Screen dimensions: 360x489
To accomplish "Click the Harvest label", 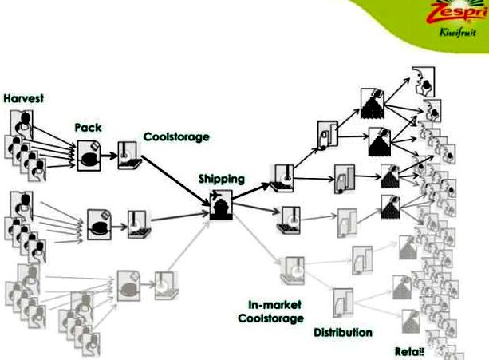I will click(23, 98).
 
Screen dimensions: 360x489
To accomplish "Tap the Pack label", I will click(88, 127).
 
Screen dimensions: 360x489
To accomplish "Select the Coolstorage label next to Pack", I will click(177, 136).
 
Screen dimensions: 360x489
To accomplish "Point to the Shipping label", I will click(222, 179).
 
